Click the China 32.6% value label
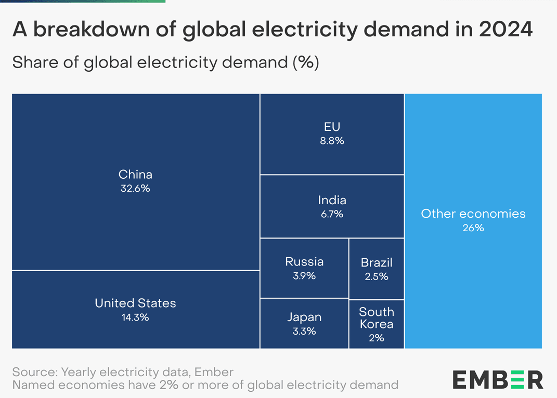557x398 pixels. [135, 189]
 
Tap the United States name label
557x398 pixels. [135, 303]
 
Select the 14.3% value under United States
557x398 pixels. [135, 317]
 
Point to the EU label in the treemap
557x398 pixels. [332, 127]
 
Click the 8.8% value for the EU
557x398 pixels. [332, 141]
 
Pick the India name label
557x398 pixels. [332, 200]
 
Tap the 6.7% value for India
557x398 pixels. [332, 214]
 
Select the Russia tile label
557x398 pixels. [304, 262]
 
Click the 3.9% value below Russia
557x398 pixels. [304, 276]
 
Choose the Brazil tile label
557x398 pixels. [377, 263]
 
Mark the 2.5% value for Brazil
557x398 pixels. [377, 276]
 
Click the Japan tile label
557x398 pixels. [304, 317]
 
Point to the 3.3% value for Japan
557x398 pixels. [304, 331]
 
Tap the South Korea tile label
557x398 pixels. [377, 318]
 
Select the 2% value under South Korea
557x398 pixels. [377, 338]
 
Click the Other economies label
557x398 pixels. [473, 214]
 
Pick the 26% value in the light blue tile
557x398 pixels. [473, 228]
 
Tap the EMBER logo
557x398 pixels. [498, 380]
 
